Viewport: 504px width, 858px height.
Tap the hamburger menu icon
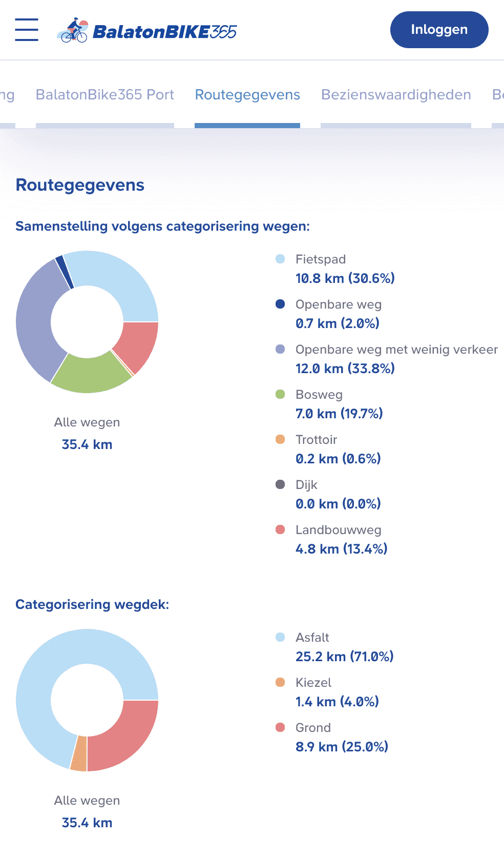(27, 30)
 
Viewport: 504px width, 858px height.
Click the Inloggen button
(439, 30)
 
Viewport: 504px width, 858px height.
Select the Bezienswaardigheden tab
(396, 95)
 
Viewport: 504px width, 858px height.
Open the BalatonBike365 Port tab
(105, 95)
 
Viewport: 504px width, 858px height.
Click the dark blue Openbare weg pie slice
(63, 271)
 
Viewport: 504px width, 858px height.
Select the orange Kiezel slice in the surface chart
(79, 753)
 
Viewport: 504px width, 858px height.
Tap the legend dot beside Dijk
(280, 484)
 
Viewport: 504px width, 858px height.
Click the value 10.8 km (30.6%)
(345, 278)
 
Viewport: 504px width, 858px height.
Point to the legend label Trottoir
(316, 440)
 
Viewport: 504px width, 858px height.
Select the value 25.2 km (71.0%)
(344, 657)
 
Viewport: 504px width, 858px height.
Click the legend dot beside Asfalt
(280, 637)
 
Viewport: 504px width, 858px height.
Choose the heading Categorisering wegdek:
(92, 604)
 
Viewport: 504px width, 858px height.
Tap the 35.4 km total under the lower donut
(87, 823)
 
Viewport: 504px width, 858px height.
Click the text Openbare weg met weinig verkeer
(396, 350)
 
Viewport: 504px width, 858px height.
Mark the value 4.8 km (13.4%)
(341, 549)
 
